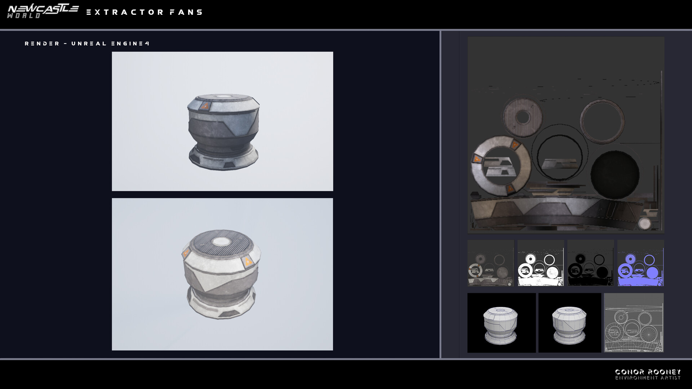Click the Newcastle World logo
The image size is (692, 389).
pos(43,11)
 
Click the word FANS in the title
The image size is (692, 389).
pos(186,12)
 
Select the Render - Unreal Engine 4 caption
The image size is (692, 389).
pos(87,44)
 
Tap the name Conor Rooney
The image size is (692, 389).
pos(648,371)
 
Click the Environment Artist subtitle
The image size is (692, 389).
pos(648,378)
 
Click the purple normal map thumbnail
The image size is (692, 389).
pos(640,263)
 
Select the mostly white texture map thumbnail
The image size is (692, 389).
pos(540,263)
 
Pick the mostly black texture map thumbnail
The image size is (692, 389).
pos(590,263)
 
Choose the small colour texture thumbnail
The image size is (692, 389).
pos(491,263)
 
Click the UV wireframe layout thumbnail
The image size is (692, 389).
pos(634,323)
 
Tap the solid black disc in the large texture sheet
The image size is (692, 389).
pos(615,175)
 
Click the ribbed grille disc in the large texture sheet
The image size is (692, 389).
pos(522,117)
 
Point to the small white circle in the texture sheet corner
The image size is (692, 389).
pos(644,223)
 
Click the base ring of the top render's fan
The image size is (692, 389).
pos(223,158)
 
